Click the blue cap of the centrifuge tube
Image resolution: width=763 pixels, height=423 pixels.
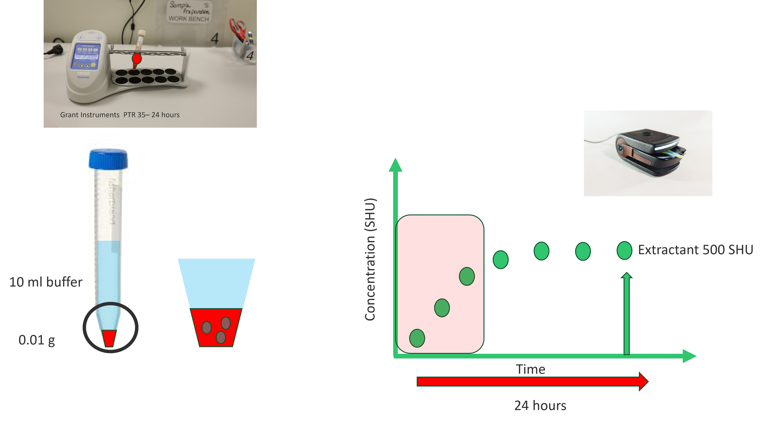click(108, 159)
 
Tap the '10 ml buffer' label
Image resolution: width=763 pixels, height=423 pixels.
click(46, 282)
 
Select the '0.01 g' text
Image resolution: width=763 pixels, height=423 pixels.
click(36, 340)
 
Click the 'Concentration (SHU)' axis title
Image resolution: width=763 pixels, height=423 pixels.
click(370, 259)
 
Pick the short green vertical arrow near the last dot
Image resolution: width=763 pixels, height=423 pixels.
click(626, 314)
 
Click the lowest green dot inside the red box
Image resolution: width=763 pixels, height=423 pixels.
click(417, 338)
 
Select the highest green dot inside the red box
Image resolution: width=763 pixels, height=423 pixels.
click(467, 276)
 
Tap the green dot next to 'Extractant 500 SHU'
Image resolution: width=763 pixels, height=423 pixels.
click(624, 250)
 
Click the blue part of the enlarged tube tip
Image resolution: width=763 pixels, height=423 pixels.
click(216, 283)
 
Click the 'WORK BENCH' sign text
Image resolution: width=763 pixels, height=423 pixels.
click(189, 19)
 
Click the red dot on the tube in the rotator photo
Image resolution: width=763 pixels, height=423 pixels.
click(137, 58)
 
